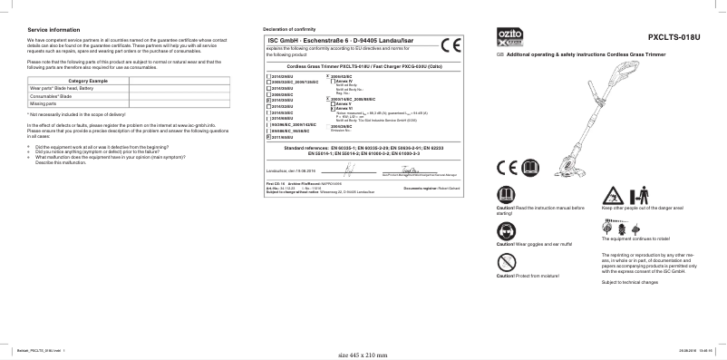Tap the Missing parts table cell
[44, 103]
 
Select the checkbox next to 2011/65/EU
[268, 136]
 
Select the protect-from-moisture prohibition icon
[506, 263]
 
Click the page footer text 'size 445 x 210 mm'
[360, 355]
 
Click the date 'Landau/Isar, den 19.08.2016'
[293, 170]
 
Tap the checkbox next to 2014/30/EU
[268, 101]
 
